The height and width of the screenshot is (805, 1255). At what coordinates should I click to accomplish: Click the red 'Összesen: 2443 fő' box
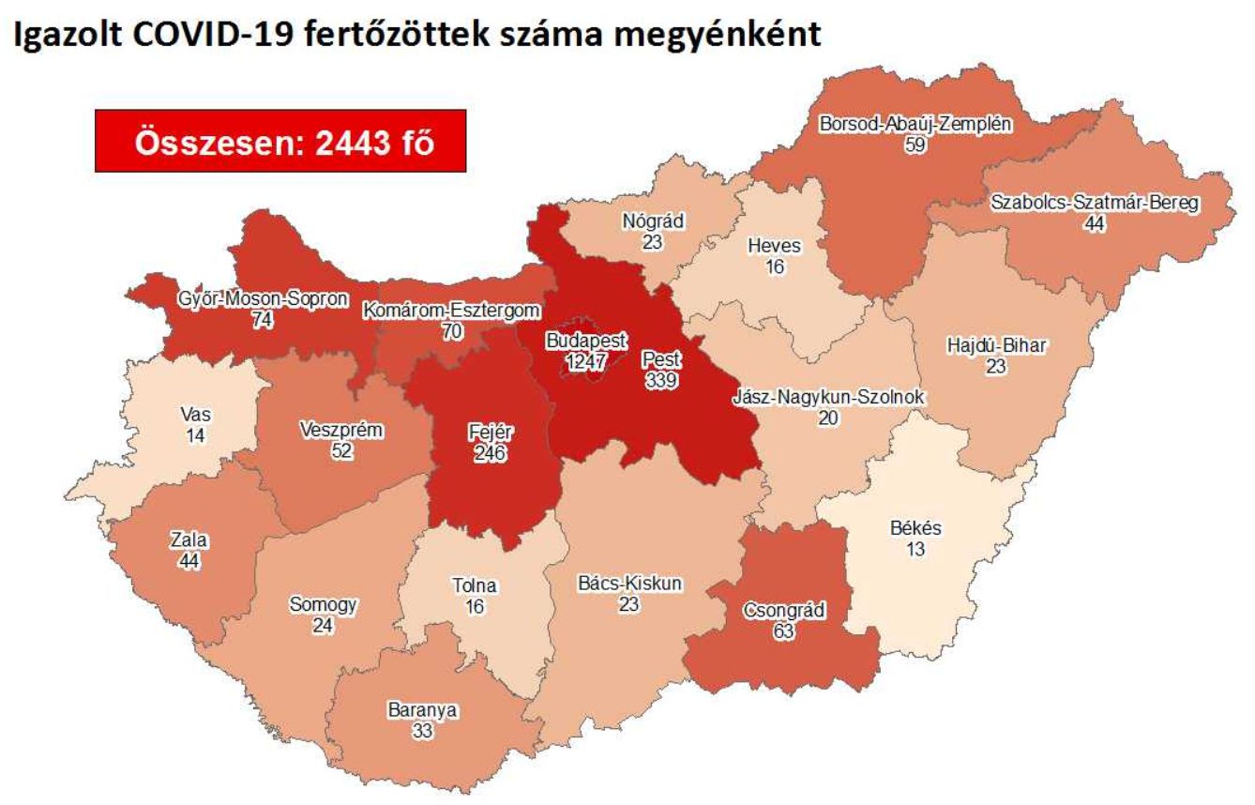[280, 141]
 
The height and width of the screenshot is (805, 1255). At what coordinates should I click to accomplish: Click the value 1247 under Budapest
[586, 360]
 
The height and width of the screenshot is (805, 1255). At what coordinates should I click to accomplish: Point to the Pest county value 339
[662, 378]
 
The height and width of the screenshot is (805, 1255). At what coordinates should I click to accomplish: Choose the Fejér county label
[489, 434]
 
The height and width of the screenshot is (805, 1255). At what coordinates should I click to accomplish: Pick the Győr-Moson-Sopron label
[263, 300]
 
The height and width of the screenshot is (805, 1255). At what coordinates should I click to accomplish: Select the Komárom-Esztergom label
[452, 311]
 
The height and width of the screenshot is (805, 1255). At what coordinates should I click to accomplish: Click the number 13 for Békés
[915, 549]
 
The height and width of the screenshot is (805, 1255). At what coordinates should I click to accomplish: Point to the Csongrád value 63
[783, 631]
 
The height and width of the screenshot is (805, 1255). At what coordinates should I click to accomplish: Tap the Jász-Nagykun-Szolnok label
[827, 398]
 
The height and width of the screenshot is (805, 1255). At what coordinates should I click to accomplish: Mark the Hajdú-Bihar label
[996, 346]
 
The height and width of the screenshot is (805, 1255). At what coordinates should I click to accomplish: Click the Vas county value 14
[195, 434]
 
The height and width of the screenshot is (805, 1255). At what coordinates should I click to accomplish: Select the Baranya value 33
[422, 730]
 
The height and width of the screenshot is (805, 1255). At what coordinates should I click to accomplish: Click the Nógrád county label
[653, 222]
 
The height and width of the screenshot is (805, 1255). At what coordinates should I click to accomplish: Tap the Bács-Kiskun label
[629, 584]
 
